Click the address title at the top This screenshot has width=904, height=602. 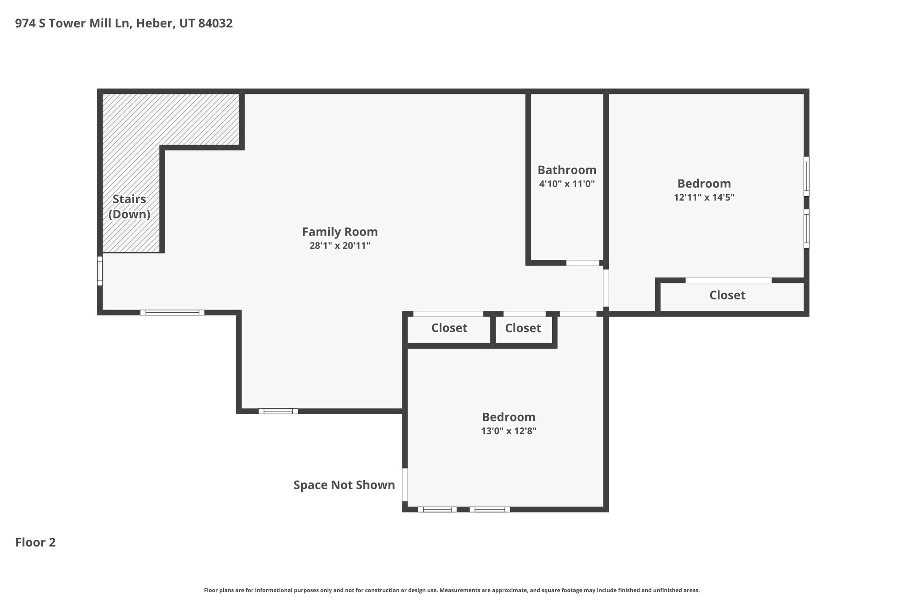click(x=124, y=23)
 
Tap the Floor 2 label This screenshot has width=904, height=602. click(x=36, y=542)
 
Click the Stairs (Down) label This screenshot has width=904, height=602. click(x=129, y=206)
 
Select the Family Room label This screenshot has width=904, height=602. click(x=340, y=232)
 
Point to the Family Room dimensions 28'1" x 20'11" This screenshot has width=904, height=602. click(x=340, y=246)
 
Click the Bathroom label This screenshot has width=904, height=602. click(x=567, y=170)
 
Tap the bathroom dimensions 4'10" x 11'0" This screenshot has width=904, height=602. click(x=567, y=184)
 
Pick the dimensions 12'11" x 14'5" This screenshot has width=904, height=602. click(x=704, y=198)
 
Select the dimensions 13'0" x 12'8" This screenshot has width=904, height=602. click(x=508, y=431)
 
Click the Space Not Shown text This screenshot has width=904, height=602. click(x=344, y=485)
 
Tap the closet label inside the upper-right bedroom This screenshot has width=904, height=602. click(x=727, y=295)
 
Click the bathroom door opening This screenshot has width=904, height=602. click(x=583, y=263)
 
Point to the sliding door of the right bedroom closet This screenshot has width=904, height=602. click(x=728, y=280)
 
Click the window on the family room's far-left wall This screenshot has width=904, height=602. click(x=100, y=271)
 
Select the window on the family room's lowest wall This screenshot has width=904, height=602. click(x=278, y=411)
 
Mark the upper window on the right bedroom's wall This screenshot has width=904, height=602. click(x=806, y=176)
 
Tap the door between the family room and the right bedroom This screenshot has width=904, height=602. click(x=606, y=288)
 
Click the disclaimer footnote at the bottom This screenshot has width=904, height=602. click(x=452, y=590)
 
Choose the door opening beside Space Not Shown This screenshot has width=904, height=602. click(x=405, y=485)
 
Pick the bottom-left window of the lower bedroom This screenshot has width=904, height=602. click(x=437, y=509)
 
